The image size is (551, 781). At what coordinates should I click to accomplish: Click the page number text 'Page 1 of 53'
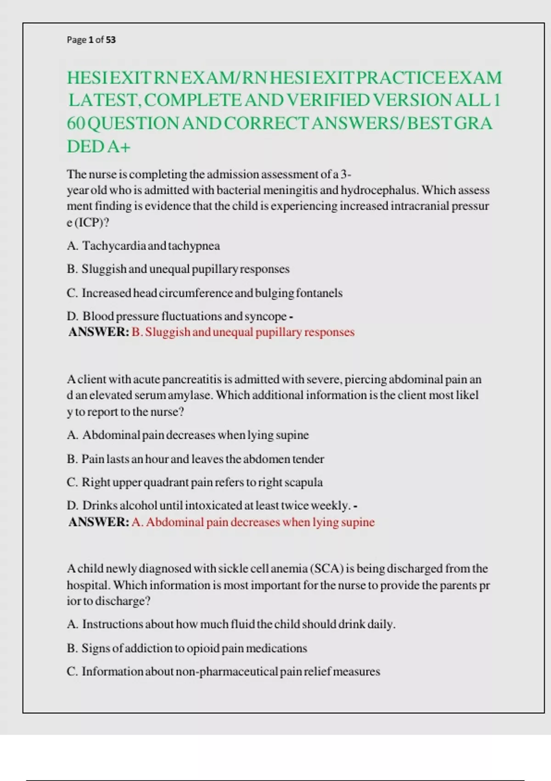91,40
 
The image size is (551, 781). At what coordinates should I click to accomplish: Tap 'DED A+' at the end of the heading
99,147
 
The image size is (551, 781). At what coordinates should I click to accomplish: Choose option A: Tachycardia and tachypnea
143,246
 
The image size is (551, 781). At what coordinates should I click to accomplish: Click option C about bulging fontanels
204,293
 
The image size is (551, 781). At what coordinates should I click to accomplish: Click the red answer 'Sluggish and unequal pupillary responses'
243,332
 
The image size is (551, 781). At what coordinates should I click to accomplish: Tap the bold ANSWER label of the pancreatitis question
99,522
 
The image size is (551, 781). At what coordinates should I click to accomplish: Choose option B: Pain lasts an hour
195,459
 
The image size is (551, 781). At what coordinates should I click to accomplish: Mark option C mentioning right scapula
195,482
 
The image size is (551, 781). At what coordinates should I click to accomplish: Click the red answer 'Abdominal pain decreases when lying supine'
253,522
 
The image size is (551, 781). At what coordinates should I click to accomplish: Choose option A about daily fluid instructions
231,624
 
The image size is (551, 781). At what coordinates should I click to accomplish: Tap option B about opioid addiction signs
187,648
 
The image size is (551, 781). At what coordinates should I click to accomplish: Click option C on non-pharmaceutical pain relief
223,672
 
